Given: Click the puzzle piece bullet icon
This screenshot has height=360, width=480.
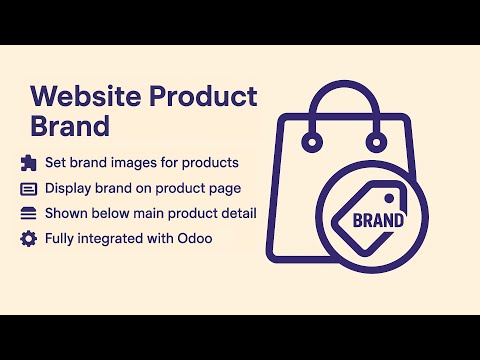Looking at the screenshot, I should click(28, 162).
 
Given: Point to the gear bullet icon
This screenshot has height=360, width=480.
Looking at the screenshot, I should click(28, 239).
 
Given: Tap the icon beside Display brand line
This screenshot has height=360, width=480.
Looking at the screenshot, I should click(28, 188).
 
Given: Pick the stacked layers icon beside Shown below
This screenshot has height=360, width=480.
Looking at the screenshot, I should click(28, 213).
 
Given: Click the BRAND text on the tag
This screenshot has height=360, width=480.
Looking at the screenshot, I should click(382, 219).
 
